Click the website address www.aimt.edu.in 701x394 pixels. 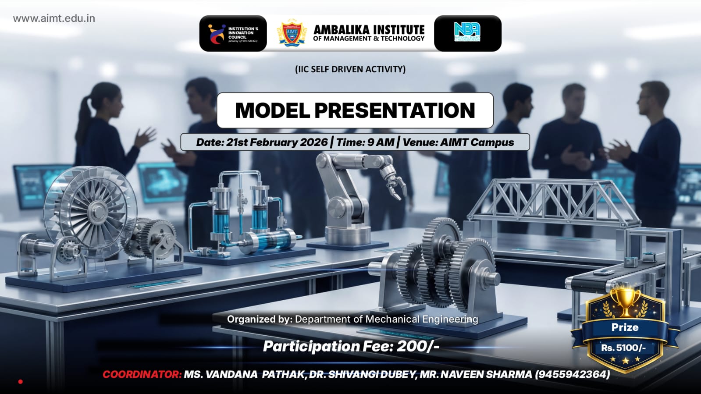point(54,18)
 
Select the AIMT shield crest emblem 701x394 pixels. point(292,33)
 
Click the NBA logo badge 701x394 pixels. point(467,32)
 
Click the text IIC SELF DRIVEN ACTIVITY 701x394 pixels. point(350,69)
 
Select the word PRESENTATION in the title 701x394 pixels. point(395,110)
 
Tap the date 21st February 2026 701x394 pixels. point(277,142)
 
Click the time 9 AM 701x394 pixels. point(381,142)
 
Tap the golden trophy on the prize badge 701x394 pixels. point(625,300)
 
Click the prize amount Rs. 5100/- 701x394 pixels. point(623,348)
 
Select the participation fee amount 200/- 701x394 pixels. point(418,346)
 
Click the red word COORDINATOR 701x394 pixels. point(142,374)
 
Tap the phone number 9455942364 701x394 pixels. point(572,374)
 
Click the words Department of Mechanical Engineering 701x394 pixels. point(386,319)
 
